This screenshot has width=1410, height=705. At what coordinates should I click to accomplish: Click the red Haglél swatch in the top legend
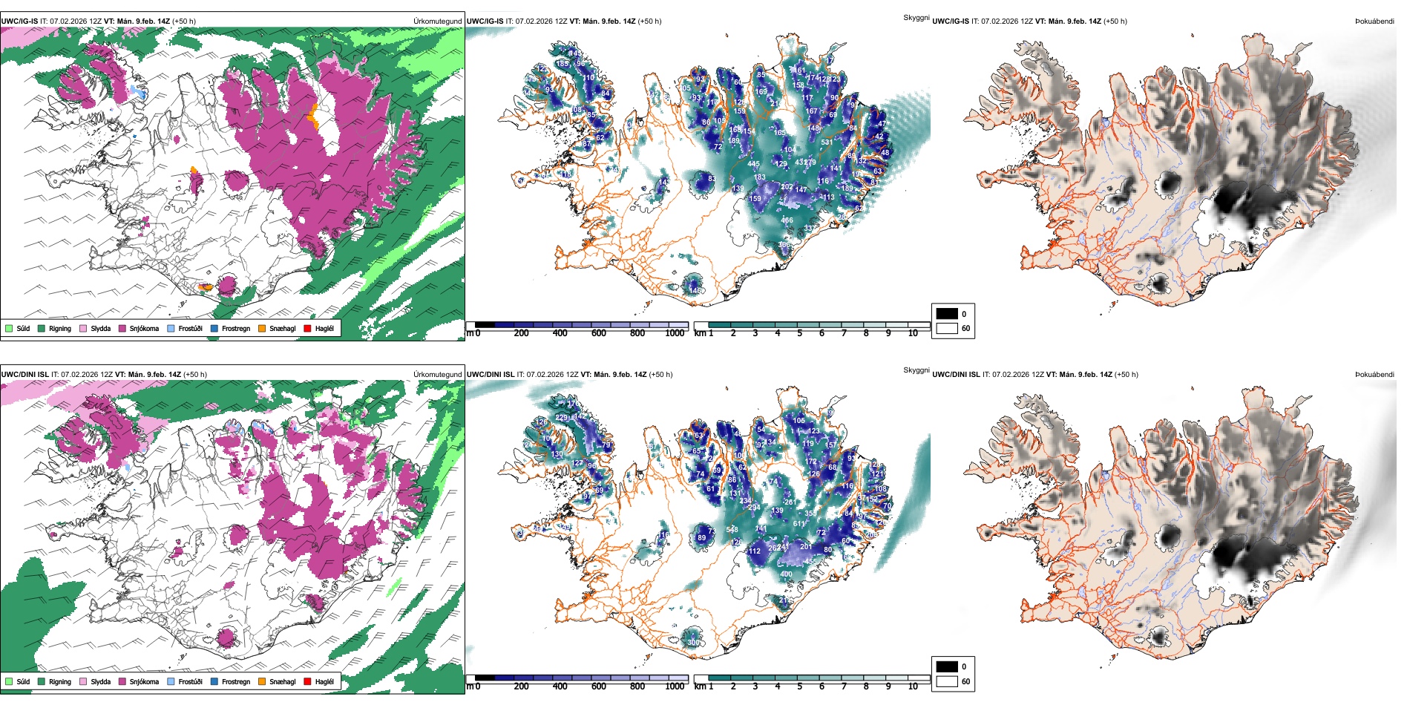307,328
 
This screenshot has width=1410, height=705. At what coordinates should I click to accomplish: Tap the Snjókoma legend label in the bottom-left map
144,681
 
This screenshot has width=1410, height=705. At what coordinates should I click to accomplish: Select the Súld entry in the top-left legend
23,328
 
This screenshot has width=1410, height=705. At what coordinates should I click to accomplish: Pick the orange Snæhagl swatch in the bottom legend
262,681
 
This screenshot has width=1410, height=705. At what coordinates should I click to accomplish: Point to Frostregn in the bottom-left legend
235,681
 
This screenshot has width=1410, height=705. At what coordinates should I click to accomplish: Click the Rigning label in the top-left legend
60,328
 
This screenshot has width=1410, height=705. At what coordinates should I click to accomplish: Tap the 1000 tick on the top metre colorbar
675,333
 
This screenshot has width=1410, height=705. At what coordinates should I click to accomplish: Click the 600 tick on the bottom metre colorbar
599,686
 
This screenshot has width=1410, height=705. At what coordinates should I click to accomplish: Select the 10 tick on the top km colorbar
913,333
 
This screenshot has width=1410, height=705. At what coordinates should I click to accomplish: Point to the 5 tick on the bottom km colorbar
800,686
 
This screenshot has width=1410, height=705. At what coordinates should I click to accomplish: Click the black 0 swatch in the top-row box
947,314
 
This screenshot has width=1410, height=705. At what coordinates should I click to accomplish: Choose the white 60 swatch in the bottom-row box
947,681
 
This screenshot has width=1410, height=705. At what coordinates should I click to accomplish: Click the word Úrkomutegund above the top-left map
438,22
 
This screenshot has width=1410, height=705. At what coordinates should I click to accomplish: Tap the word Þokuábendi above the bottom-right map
1374,375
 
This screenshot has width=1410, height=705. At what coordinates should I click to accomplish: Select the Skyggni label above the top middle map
916,18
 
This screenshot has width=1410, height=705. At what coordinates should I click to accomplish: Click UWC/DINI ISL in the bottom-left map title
24,375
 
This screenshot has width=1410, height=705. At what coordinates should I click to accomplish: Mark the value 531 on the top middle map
827,142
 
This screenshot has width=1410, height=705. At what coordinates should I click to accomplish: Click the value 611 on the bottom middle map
800,524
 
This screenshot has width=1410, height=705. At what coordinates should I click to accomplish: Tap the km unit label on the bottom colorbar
700,686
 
